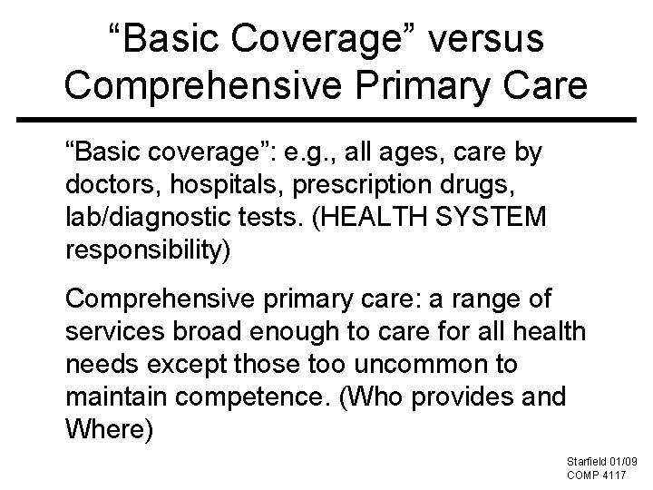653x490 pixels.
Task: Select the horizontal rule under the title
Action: [x=326, y=118]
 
